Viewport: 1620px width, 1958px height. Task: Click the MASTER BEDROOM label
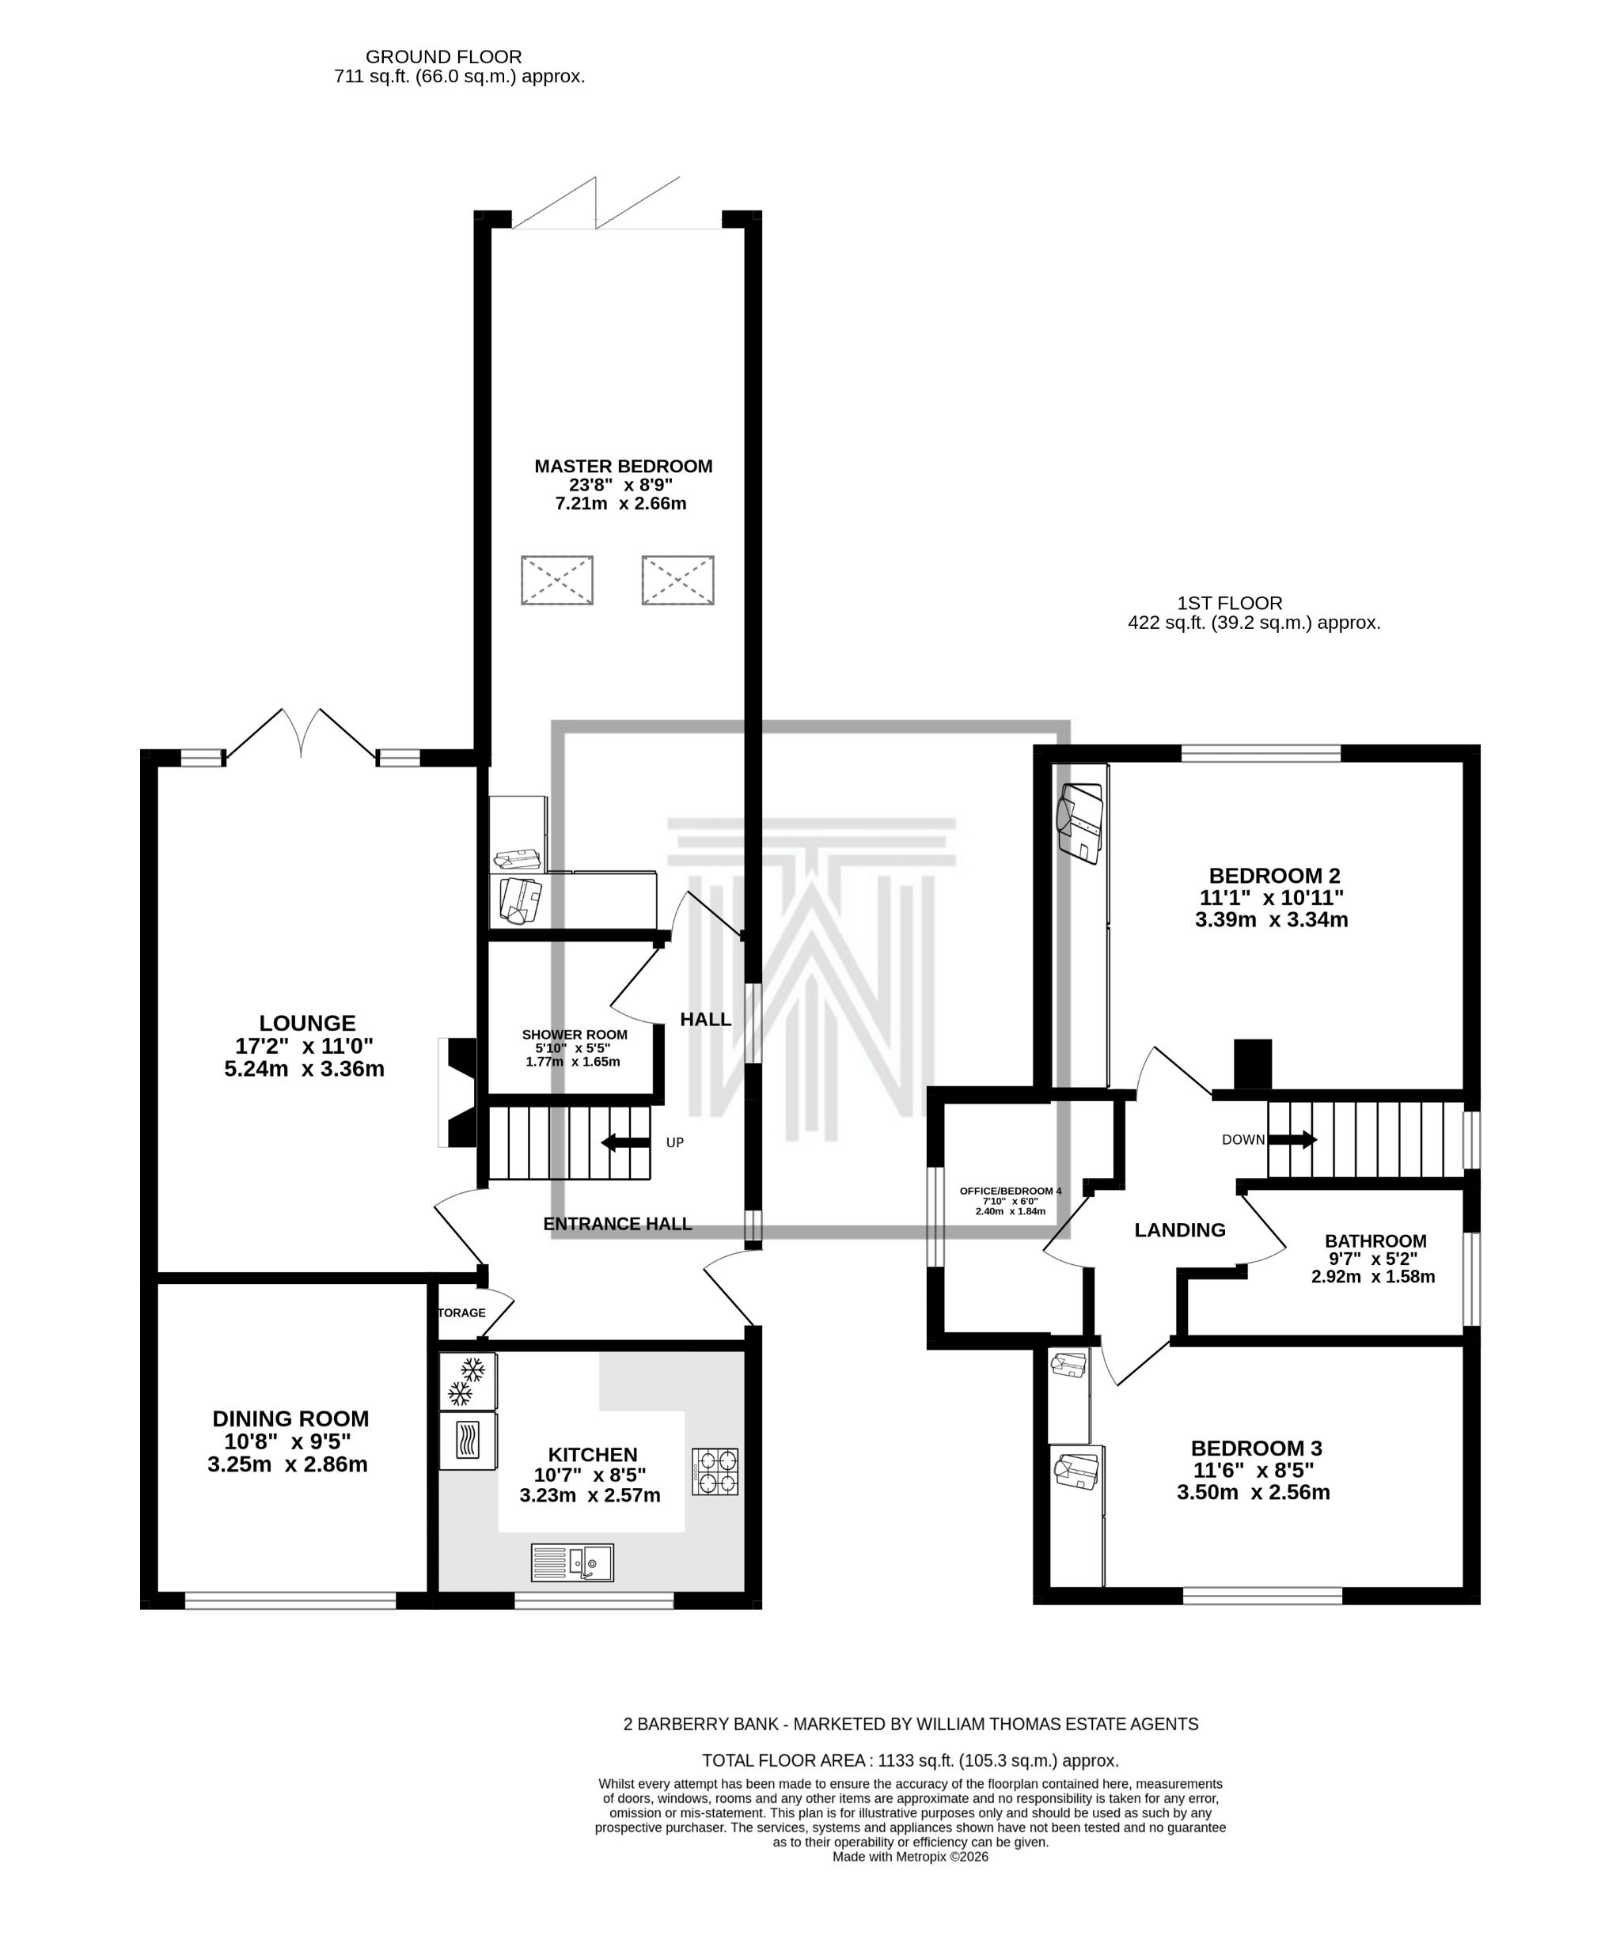click(622, 465)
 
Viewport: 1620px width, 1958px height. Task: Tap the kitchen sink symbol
click(571, 1562)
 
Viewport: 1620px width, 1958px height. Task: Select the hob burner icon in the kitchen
click(715, 1471)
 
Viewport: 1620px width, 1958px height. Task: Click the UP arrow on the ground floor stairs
click(625, 1142)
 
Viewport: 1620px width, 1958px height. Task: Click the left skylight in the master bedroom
click(557, 579)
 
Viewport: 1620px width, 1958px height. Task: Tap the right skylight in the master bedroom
click(677, 579)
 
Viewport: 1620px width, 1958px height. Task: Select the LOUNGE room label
click(307, 1023)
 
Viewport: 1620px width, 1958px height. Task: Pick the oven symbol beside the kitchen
click(467, 1441)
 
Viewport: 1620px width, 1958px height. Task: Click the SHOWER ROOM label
click(575, 1034)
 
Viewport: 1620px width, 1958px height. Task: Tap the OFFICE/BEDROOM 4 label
click(1010, 1191)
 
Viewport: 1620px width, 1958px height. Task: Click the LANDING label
click(1179, 1230)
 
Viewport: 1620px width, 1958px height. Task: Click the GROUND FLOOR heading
click(443, 57)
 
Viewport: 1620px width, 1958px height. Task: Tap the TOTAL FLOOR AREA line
click(909, 1760)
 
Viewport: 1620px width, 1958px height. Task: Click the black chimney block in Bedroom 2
click(1252, 1063)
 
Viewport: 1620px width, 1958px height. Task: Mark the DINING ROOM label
click(290, 1418)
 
